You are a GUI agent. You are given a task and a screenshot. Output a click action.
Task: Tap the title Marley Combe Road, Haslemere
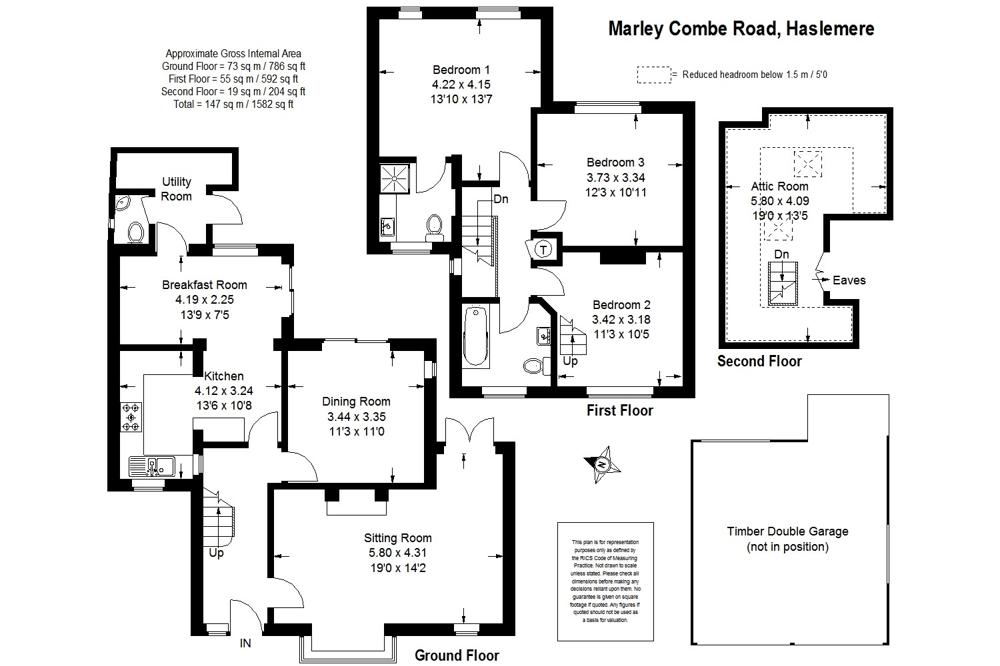(x=741, y=29)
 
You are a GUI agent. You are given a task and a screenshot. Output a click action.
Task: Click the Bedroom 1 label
(x=461, y=69)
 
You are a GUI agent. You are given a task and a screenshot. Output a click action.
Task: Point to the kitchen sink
(x=152, y=466)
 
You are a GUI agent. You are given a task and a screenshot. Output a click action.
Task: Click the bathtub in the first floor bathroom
(x=475, y=336)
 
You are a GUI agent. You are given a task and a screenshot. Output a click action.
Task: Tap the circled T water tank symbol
(x=544, y=250)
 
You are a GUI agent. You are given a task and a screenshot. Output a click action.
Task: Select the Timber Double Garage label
(x=787, y=531)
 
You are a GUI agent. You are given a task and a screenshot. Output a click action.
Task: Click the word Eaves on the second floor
(x=849, y=280)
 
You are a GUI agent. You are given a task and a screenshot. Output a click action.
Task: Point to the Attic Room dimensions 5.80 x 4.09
(x=779, y=200)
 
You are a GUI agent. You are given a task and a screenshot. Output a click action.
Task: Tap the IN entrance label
(x=246, y=643)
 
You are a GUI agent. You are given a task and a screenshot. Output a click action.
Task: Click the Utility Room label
(x=177, y=188)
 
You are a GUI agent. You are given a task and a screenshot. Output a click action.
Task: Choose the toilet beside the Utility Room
(x=135, y=232)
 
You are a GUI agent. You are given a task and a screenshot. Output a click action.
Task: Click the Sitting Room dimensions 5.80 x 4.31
(x=397, y=553)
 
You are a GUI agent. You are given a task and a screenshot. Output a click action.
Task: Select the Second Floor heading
(x=759, y=362)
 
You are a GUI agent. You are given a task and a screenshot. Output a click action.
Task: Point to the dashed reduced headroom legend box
(x=653, y=75)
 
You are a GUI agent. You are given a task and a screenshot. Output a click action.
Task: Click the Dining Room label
(x=356, y=402)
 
